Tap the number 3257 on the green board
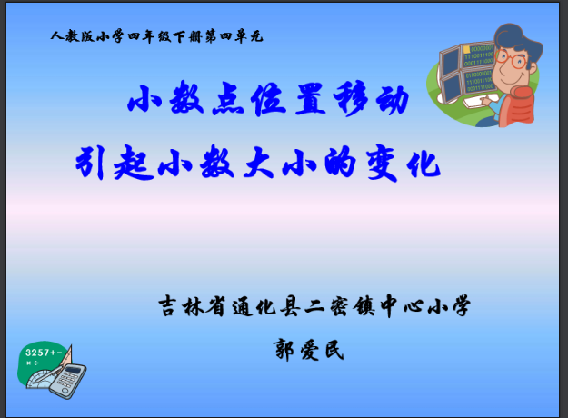tap(37, 352)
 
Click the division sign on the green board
tap(40, 363)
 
